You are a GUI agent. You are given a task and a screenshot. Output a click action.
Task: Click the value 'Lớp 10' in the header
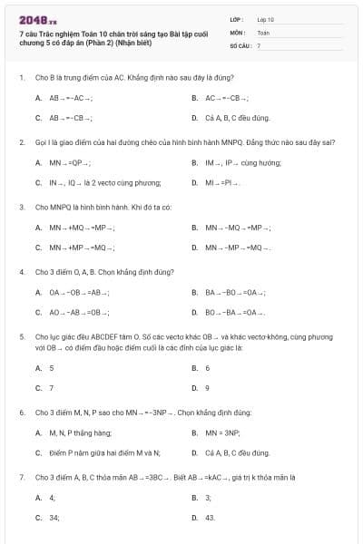point(265,18)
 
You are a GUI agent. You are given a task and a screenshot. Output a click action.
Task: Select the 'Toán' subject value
point(263,32)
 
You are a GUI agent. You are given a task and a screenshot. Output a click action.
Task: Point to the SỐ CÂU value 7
point(259,44)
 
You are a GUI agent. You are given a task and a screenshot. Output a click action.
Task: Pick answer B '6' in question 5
point(207,368)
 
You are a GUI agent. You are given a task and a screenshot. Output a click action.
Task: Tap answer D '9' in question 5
point(207,388)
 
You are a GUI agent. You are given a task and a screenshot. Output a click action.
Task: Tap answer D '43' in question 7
point(210,518)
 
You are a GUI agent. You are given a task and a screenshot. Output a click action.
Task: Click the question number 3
point(21,207)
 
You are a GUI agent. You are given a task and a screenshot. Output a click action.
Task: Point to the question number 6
point(21,413)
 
